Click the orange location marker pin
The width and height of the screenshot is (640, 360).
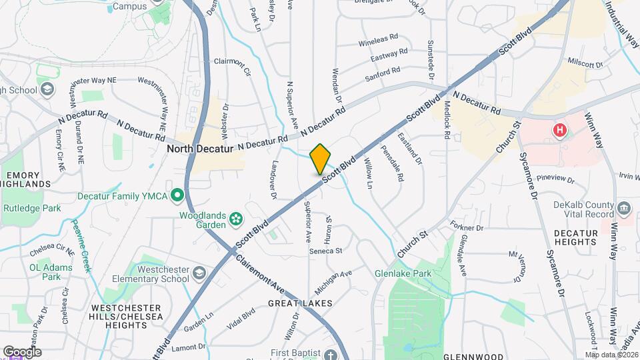click(x=320, y=159)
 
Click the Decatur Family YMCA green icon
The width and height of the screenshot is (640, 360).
click(x=177, y=196)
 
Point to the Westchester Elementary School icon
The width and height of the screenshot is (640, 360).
click(x=199, y=273)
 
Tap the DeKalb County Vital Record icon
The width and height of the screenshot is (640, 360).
click(x=624, y=207)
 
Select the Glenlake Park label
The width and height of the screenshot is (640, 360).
click(x=403, y=273)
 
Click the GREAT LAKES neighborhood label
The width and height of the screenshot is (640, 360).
click(x=300, y=303)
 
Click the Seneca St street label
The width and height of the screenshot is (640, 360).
click(x=325, y=251)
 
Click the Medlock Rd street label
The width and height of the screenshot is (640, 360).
click(x=446, y=120)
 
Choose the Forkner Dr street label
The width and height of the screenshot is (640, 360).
click(x=465, y=227)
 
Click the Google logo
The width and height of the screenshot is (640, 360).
click(x=21, y=351)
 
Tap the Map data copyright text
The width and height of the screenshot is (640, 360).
click(x=612, y=355)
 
